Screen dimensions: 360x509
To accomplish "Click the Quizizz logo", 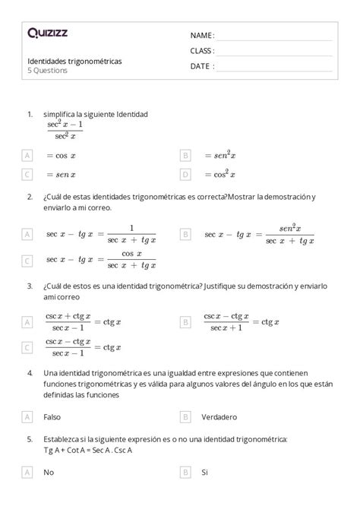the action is pyautogui.click(x=47, y=33).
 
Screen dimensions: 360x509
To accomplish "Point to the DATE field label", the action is pyautogui.click(x=201, y=66).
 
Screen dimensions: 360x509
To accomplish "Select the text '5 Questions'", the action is pyautogui.click(x=47, y=71).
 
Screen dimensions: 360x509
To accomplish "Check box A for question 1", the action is pyautogui.click(x=28, y=155).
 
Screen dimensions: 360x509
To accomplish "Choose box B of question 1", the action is pyautogui.click(x=185, y=155).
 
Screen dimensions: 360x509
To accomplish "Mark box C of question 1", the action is pyautogui.click(x=28, y=174).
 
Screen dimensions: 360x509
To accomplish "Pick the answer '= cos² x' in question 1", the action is pyautogui.click(x=220, y=174).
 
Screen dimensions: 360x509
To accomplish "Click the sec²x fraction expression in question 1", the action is pyautogui.click(x=65, y=129).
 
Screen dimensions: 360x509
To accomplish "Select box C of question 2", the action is pyautogui.click(x=28, y=260).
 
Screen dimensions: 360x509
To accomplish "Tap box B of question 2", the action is pyautogui.click(x=185, y=234).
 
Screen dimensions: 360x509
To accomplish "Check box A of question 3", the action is pyautogui.click(x=28, y=322).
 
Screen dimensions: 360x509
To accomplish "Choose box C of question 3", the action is pyautogui.click(x=28, y=347).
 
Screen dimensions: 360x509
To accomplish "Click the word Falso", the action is pyautogui.click(x=53, y=416).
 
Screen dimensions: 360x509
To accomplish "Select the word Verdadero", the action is pyautogui.click(x=219, y=416).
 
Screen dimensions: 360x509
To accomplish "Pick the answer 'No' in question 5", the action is pyautogui.click(x=49, y=473).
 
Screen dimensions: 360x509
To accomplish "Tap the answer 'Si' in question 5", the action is pyautogui.click(x=204, y=473).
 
